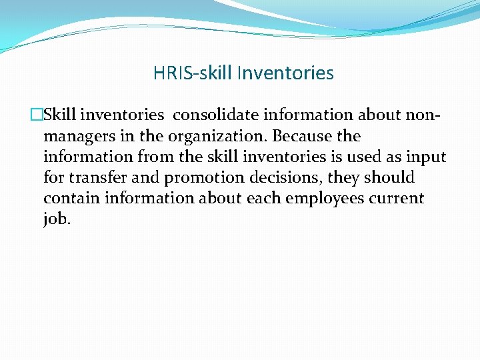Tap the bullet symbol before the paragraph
pyautogui.click(x=39, y=115)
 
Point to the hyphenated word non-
pyautogui.click(x=423, y=115)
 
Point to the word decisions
pyautogui.click(x=279, y=178)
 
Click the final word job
pyautogui.click(x=56, y=220)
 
